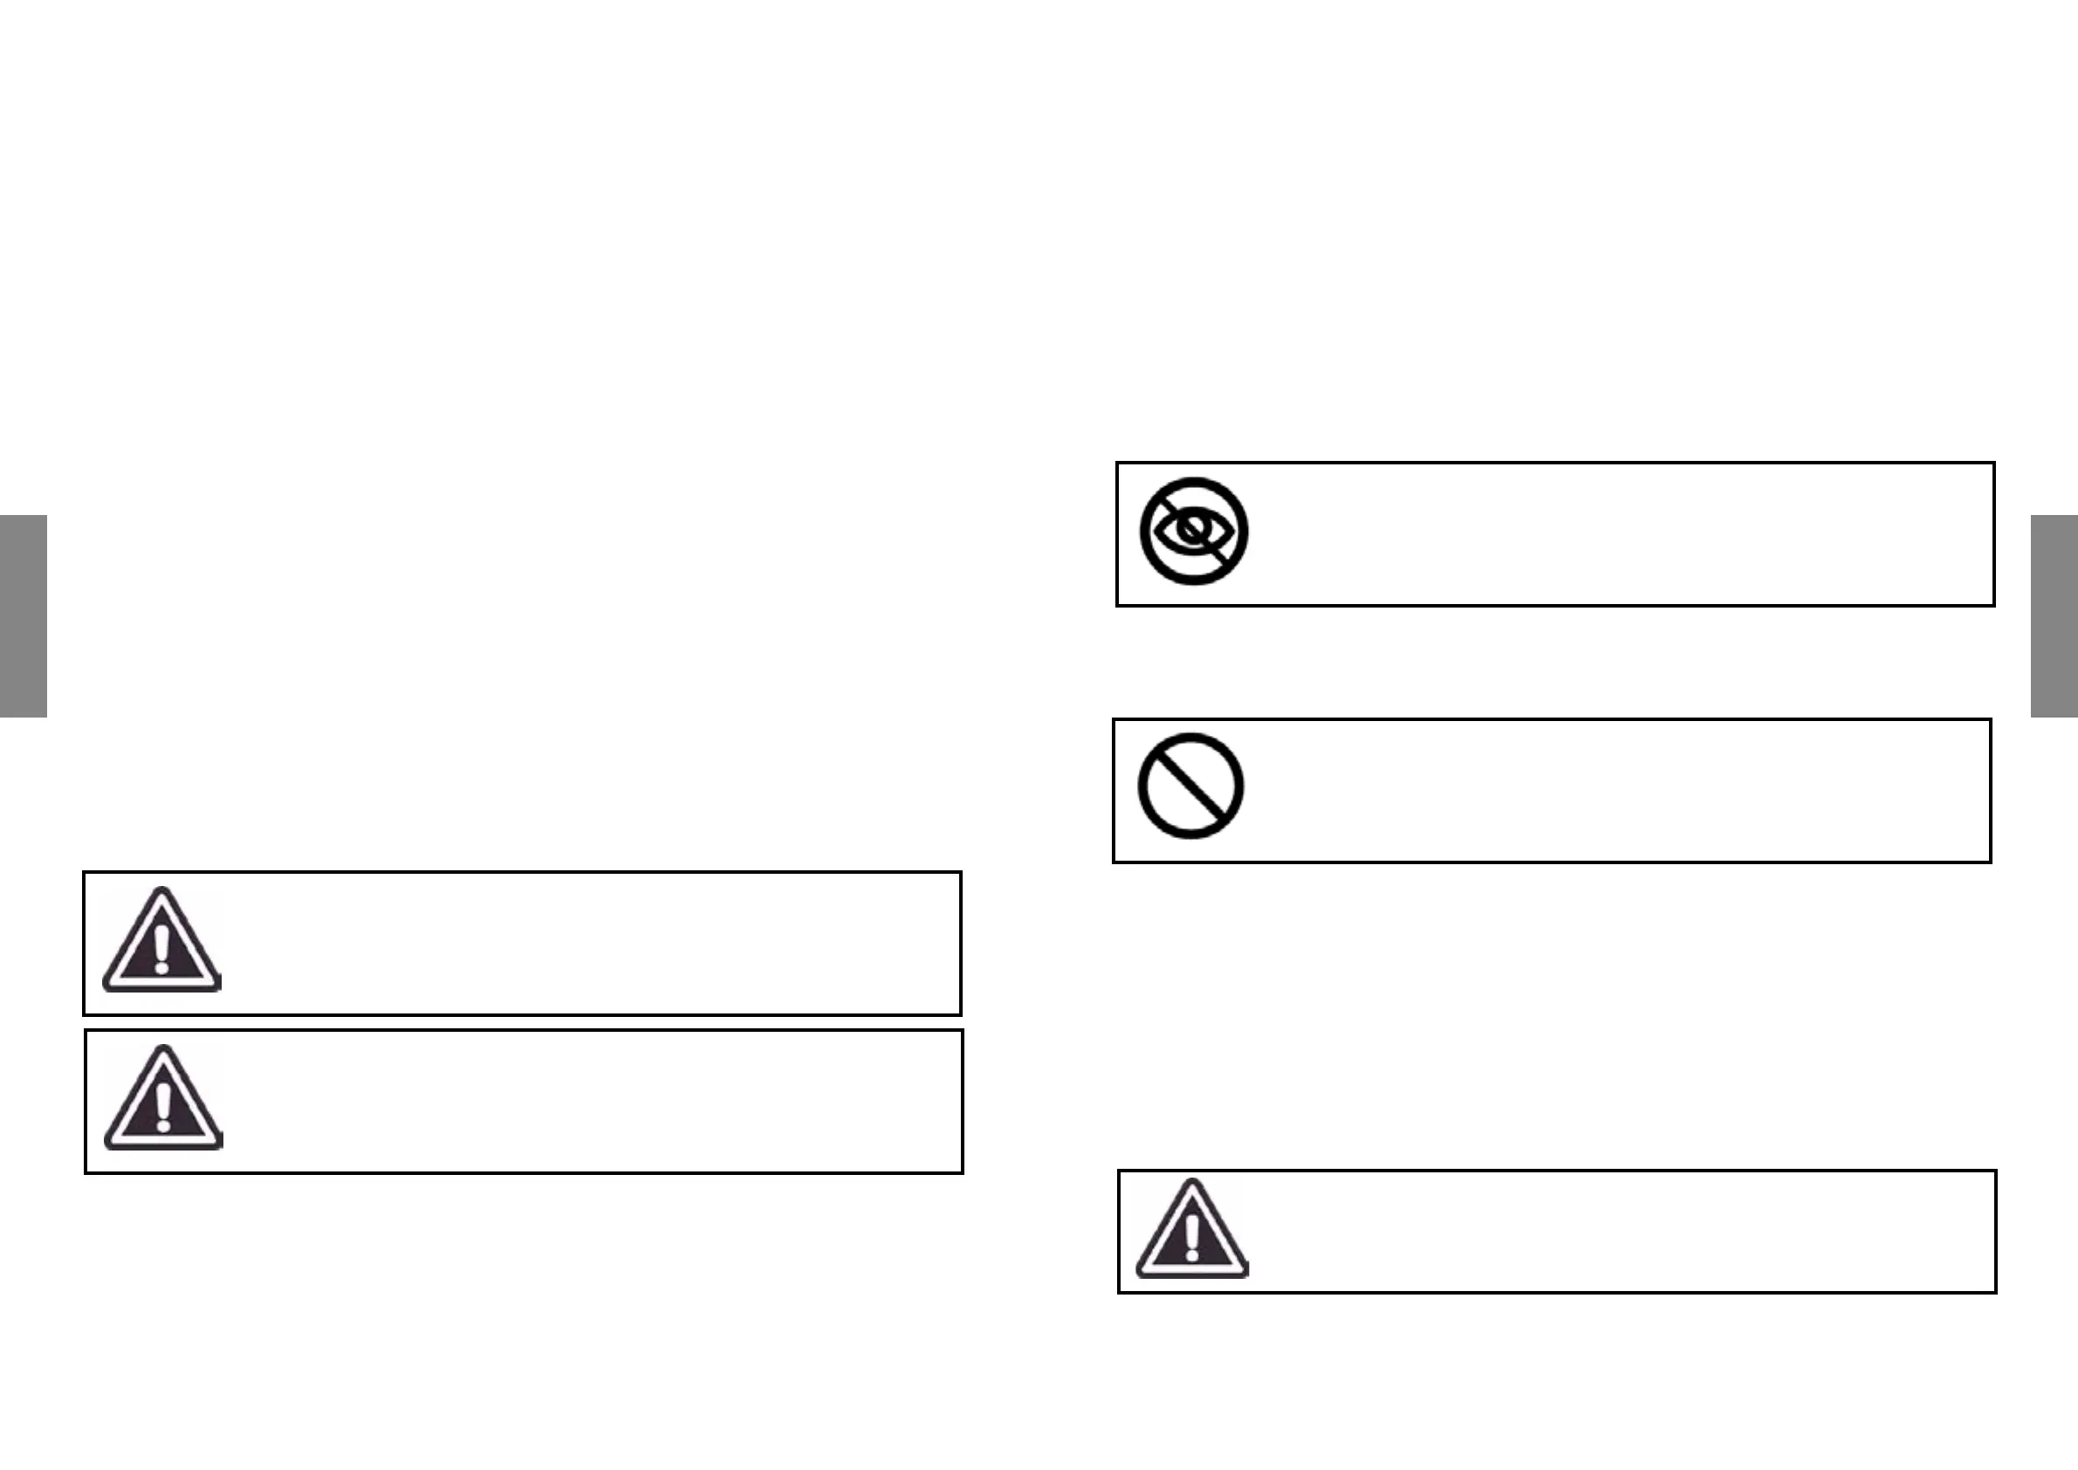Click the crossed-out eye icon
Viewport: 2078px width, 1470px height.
click(x=1194, y=532)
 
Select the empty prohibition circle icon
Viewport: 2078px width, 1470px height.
click(x=1190, y=786)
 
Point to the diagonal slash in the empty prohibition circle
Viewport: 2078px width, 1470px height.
click(x=1190, y=786)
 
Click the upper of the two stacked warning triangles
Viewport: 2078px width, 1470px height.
click(x=161, y=941)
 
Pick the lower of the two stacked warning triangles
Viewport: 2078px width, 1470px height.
click(x=163, y=1099)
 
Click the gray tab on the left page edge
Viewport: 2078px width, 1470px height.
click(x=23, y=615)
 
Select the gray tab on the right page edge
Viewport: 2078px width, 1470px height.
click(x=2054, y=615)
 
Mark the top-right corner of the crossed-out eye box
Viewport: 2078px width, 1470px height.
click(x=1994, y=464)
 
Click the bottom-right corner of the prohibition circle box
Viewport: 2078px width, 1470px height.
click(x=1990, y=862)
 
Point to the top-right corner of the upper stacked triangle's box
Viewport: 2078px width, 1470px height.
click(x=960, y=873)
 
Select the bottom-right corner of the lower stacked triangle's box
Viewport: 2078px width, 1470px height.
click(x=962, y=1172)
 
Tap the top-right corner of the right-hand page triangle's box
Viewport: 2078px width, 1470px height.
click(x=1996, y=1171)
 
